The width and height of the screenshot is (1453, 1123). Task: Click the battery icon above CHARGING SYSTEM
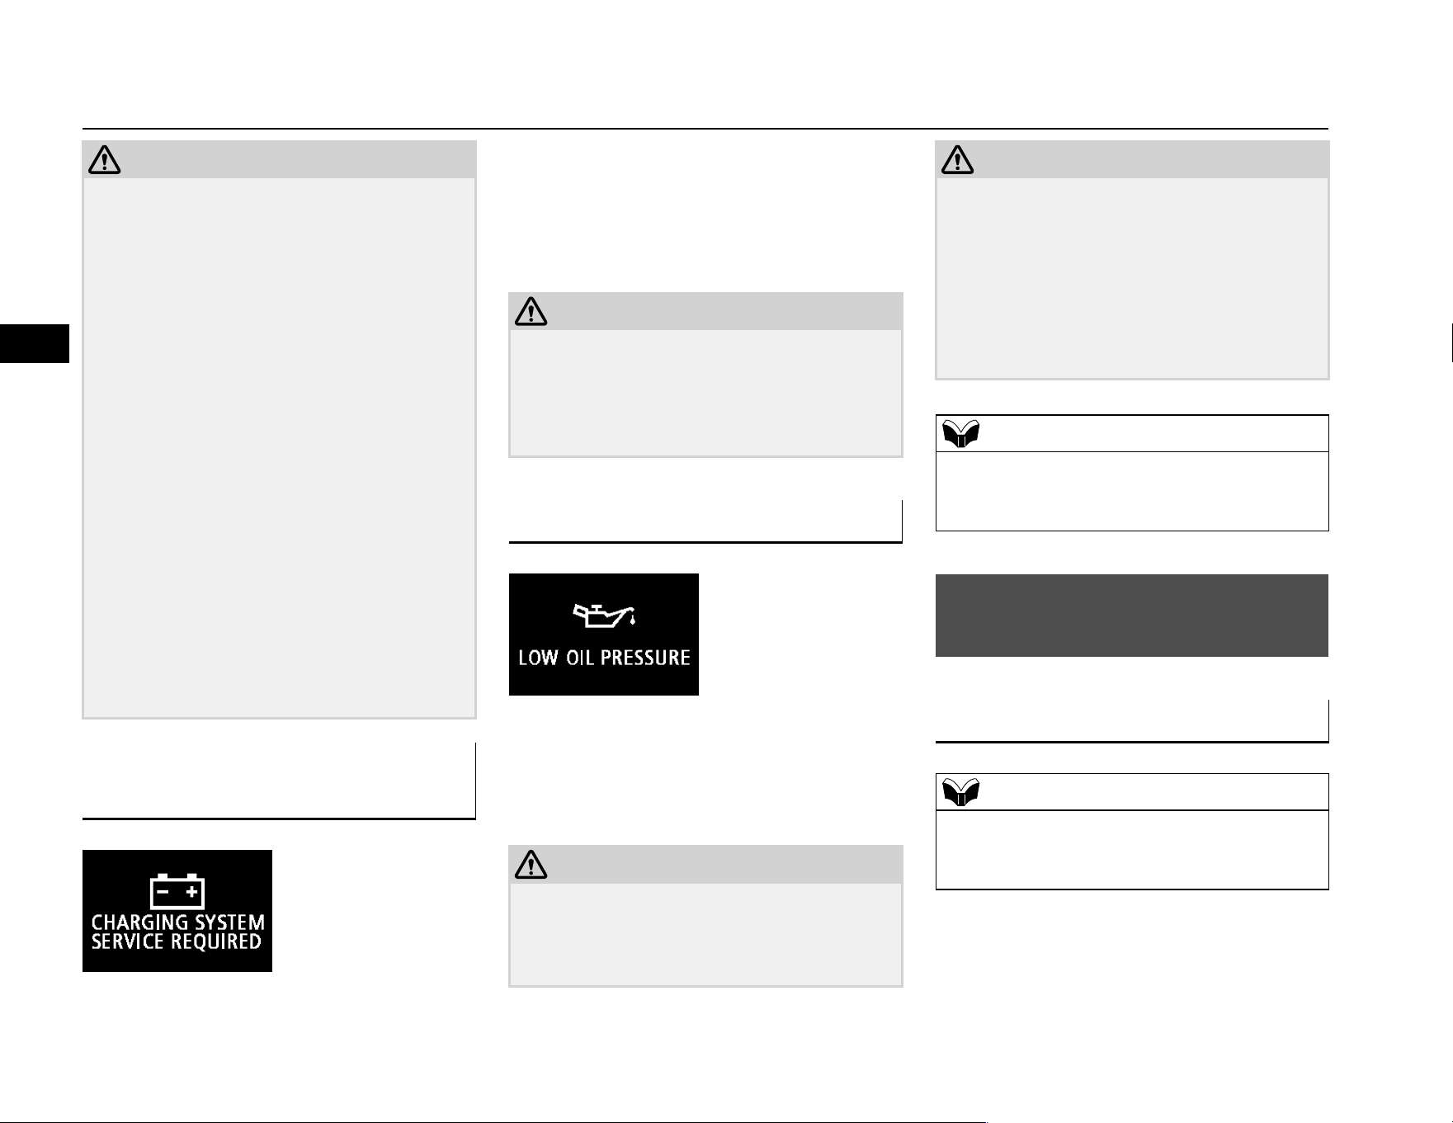click(177, 891)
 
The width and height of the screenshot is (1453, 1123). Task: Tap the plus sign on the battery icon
click(191, 892)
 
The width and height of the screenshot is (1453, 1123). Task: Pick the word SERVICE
click(127, 942)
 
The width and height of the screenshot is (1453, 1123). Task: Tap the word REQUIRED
click(215, 942)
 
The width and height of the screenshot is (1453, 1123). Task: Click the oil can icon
click(604, 615)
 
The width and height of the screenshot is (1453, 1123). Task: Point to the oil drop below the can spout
click(633, 620)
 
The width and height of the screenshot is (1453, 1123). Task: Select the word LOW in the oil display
click(539, 658)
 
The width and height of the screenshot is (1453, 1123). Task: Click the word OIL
click(580, 658)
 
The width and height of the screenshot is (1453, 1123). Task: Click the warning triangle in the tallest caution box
click(105, 160)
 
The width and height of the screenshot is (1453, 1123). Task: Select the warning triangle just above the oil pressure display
click(531, 312)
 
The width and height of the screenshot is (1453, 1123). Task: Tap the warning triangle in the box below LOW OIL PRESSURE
click(531, 865)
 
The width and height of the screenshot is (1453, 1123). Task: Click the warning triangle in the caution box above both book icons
click(958, 160)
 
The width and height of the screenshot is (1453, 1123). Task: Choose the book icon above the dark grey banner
click(960, 433)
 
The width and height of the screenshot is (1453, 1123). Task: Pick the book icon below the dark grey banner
click(960, 792)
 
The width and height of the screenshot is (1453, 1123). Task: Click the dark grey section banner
click(1131, 616)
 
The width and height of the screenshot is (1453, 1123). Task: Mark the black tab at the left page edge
click(35, 343)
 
